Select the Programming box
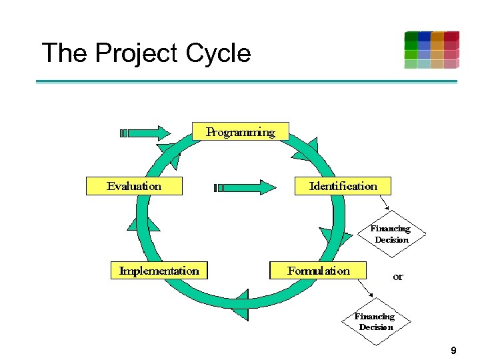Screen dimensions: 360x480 click(241, 132)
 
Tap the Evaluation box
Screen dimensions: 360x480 click(134, 186)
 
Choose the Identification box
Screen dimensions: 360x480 click(343, 186)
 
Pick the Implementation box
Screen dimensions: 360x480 click(159, 271)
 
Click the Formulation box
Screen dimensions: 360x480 click(318, 271)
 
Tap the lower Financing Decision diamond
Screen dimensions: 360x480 click(375, 321)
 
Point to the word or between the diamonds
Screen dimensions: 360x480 click(398, 277)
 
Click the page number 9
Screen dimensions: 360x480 click(453, 350)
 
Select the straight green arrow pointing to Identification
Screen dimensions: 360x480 click(245, 187)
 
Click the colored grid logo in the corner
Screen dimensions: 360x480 click(431, 50)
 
